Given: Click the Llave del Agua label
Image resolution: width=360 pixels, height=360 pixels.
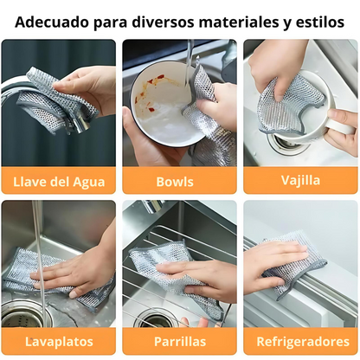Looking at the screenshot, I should coord(59,182).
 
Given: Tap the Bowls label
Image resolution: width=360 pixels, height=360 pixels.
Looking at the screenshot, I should coord(180,182).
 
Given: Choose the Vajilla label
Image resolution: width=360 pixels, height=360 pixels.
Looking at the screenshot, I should coord(300,182).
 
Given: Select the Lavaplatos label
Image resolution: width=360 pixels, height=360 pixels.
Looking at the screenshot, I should coord(59,342).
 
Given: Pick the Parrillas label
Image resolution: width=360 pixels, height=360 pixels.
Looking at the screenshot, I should coord(180,342).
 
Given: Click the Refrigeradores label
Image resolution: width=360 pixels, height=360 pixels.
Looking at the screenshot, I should coord(300,342).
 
